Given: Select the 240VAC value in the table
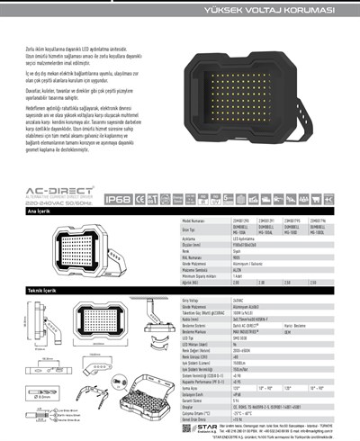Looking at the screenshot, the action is [238, 301].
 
